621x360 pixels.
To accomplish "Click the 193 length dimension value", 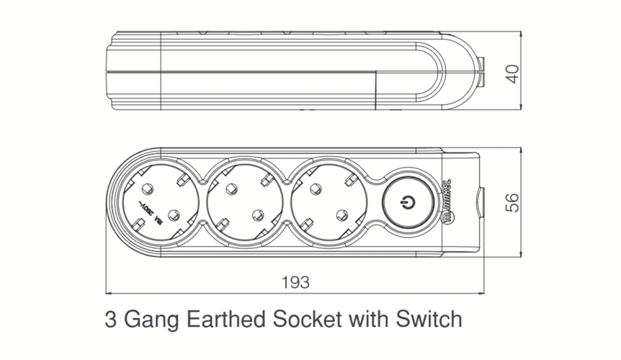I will point(294,282).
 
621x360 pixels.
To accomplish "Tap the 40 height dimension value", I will point(512,73).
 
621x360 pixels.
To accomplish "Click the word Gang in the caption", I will point(149,319).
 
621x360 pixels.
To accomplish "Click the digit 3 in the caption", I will point(110,318).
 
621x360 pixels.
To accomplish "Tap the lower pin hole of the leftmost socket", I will point(174,214).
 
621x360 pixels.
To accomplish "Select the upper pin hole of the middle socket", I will point(231,189).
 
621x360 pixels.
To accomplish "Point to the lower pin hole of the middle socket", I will point(258,214).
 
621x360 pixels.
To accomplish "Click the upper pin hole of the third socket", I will point(314,189).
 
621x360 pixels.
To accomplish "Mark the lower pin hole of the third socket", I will point(341,214).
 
